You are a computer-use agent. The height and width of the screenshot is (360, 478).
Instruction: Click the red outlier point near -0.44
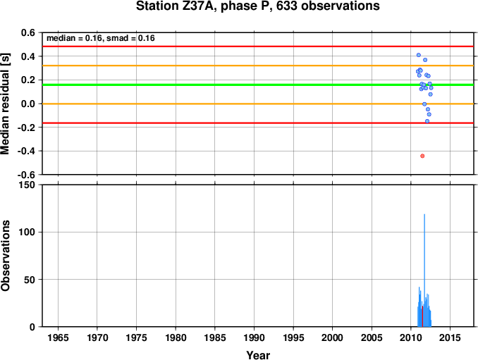[422, 156]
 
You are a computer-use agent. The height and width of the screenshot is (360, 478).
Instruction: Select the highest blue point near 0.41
[419, 55]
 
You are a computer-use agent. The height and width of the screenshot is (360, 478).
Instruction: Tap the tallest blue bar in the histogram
[424, 270]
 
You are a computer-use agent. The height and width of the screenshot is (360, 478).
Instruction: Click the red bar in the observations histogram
[422, 316]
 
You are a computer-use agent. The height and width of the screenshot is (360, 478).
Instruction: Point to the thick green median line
[258, 85]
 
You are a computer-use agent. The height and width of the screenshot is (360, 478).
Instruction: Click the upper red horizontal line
[258, 46]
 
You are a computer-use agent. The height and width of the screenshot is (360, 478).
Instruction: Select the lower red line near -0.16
[258, 123]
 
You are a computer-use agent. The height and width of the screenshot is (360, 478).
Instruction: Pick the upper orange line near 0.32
[258, 66]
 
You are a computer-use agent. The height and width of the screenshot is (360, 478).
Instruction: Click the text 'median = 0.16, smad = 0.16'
[101, 38]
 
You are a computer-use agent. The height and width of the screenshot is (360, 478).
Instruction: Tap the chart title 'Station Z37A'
[176, 6]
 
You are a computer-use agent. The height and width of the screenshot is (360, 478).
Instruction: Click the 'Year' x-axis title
[258, 355]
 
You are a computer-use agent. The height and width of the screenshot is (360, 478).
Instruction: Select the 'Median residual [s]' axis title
[5, 104]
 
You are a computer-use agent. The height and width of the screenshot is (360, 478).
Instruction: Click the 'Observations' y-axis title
[5, 256]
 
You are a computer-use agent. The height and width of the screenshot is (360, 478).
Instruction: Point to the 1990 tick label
[254, 337]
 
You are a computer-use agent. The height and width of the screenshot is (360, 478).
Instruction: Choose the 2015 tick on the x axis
[450, 337]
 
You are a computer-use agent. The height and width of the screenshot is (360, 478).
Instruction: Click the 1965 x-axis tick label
[58, 337]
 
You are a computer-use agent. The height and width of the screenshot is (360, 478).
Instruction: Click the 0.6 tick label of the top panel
[28, 32]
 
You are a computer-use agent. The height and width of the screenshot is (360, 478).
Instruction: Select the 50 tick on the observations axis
[30, 280]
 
